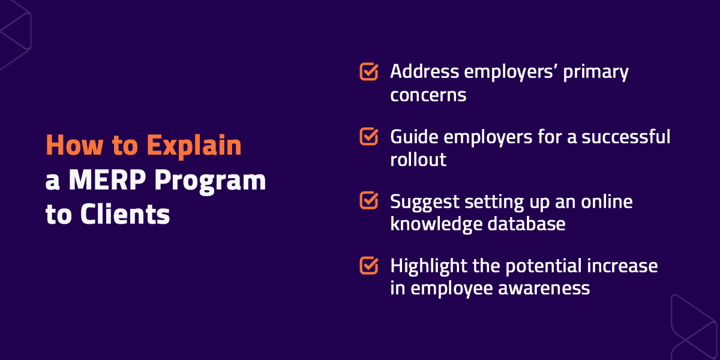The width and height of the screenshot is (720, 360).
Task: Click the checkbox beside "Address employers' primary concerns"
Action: point(368,71)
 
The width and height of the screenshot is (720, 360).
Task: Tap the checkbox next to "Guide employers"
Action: point(368,136)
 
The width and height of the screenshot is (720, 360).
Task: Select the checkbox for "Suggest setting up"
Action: point(368,200)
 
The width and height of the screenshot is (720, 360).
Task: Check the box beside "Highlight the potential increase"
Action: point(368,265)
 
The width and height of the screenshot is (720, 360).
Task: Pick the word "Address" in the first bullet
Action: point(419,72)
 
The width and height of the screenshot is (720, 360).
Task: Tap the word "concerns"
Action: point(428,95)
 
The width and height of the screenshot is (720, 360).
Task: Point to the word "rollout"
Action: point(418,160)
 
